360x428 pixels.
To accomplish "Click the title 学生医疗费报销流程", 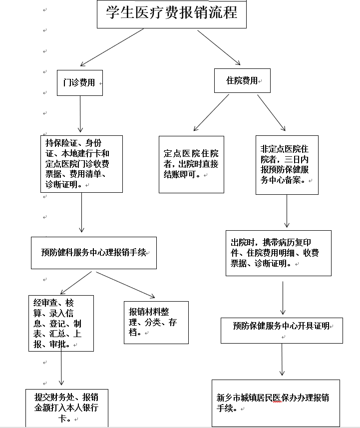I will click(172, 13).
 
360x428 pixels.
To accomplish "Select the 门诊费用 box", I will click(80, 82).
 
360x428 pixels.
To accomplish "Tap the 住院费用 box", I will click(242, 80).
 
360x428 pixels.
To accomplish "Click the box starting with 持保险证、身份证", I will click(82, 164).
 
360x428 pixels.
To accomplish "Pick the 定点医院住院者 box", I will click(191, 164).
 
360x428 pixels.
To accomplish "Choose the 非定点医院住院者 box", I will click(287, 164).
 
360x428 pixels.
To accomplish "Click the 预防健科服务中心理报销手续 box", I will click(94, 253).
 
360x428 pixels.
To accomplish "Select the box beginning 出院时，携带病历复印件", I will click(278, 253).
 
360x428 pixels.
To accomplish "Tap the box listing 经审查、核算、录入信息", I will click(61, 324).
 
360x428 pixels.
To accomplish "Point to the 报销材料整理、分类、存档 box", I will click(156, 323).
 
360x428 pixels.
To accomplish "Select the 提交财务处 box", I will click(66, 408).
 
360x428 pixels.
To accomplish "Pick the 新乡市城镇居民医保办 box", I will click(276, 403).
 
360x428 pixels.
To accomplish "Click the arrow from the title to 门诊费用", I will click(112, 47).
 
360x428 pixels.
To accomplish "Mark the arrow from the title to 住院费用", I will click(219, 47).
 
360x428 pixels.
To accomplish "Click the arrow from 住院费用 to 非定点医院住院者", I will click(271, 112).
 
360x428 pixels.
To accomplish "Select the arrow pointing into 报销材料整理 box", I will click(125, 285).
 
